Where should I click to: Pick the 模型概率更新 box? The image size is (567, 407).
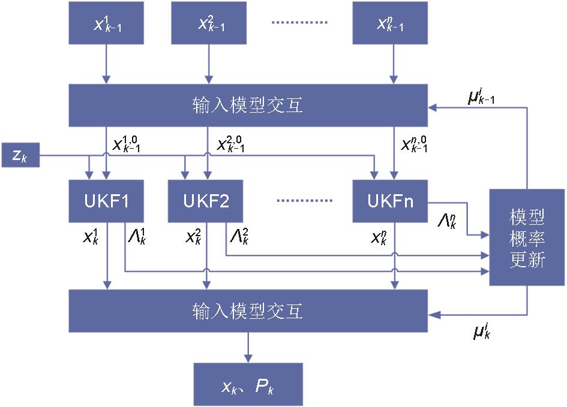coord(527,237)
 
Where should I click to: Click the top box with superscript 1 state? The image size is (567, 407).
coord(107,23)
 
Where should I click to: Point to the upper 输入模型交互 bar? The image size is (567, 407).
coord(248,105)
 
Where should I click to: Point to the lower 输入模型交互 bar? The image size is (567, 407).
coord(248,310)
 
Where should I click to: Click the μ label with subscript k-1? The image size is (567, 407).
coord(481,97)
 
